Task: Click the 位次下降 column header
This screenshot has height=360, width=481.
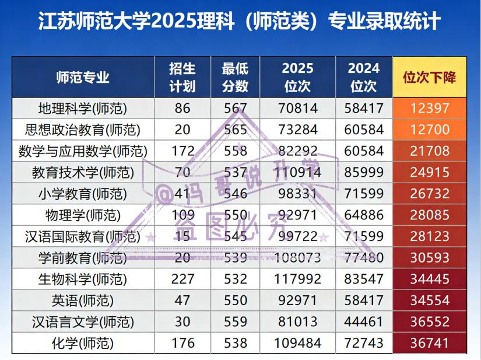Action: [x=430, y=78]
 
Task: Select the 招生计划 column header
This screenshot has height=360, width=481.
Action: [x=182, y=78]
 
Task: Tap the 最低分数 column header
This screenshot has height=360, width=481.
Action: [x=235, y=78]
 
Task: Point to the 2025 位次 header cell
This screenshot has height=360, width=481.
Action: [x=297, y=78]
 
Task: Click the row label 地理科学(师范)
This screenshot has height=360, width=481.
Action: [x=82, y=109]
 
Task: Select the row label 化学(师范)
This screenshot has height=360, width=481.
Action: [x=82, y=344]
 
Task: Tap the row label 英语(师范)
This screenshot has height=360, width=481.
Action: [x=82, y=301]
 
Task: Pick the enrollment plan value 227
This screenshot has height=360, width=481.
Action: [x=182, y=279]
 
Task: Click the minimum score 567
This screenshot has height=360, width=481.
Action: [x=235, y=109]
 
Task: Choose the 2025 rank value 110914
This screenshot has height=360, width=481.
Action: [x=297, y=173]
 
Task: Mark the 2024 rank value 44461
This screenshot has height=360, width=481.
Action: [x=364, y=322]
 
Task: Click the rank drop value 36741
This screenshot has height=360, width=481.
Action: [x=430, y=344]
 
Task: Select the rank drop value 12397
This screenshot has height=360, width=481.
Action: [x=430, y=109]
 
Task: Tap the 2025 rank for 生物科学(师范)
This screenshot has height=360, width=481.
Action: [x=297, y=279]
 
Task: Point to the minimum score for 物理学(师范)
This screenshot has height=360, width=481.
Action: [x=235, y=215]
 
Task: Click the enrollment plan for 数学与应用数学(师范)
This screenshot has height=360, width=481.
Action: [x=182, y=151]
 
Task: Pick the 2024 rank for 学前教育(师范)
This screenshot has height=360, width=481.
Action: [x=364, y=258]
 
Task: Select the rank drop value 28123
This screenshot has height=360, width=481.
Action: [x=430, y=237]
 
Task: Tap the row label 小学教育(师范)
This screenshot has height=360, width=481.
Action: [x=82, y=194]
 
